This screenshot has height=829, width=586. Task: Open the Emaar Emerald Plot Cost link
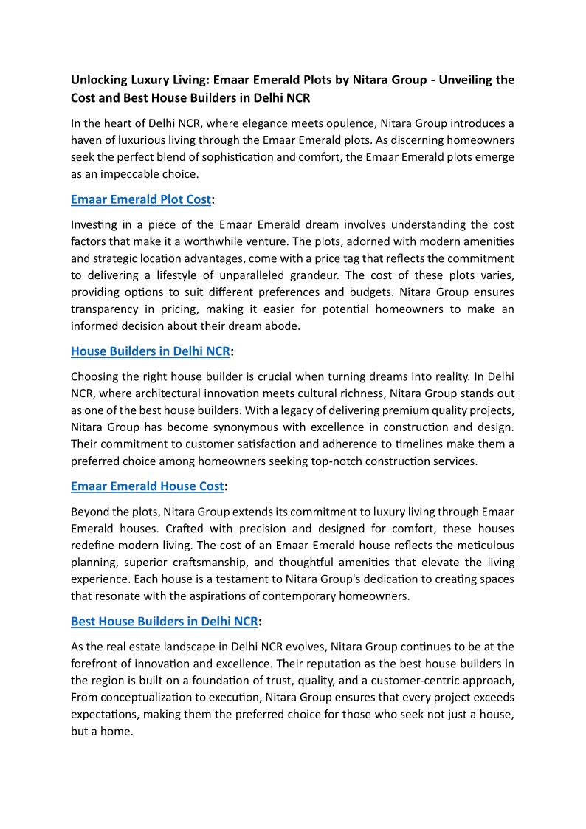click(x=140, y=199)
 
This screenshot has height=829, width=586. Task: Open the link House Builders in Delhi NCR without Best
click(x=150, y=351)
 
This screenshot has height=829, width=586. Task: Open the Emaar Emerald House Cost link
click(x=147, y=486)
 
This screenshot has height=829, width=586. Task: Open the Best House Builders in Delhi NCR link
click(x=164, y=622)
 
